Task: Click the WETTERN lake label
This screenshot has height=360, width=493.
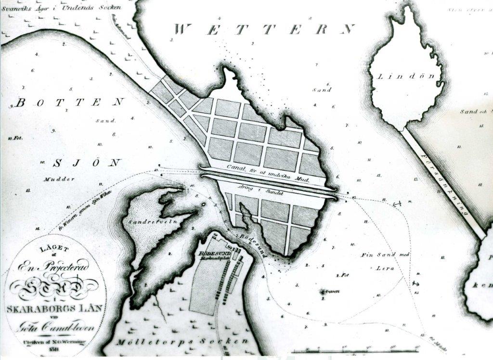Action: pos(264,29)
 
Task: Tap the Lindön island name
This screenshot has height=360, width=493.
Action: pos(409,77)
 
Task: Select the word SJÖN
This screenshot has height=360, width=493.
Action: pos(86,163)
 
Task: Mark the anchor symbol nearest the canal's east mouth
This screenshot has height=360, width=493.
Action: pos(397,205)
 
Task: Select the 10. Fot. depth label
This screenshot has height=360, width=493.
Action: pos(15,138)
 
